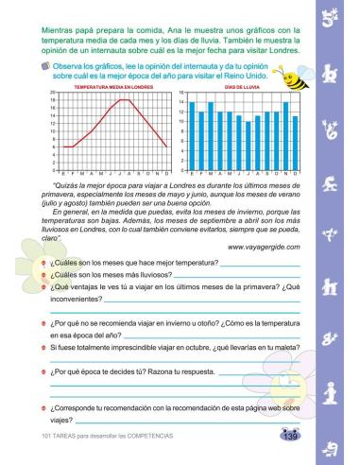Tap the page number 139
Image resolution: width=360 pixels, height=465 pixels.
[x=290, y=436]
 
